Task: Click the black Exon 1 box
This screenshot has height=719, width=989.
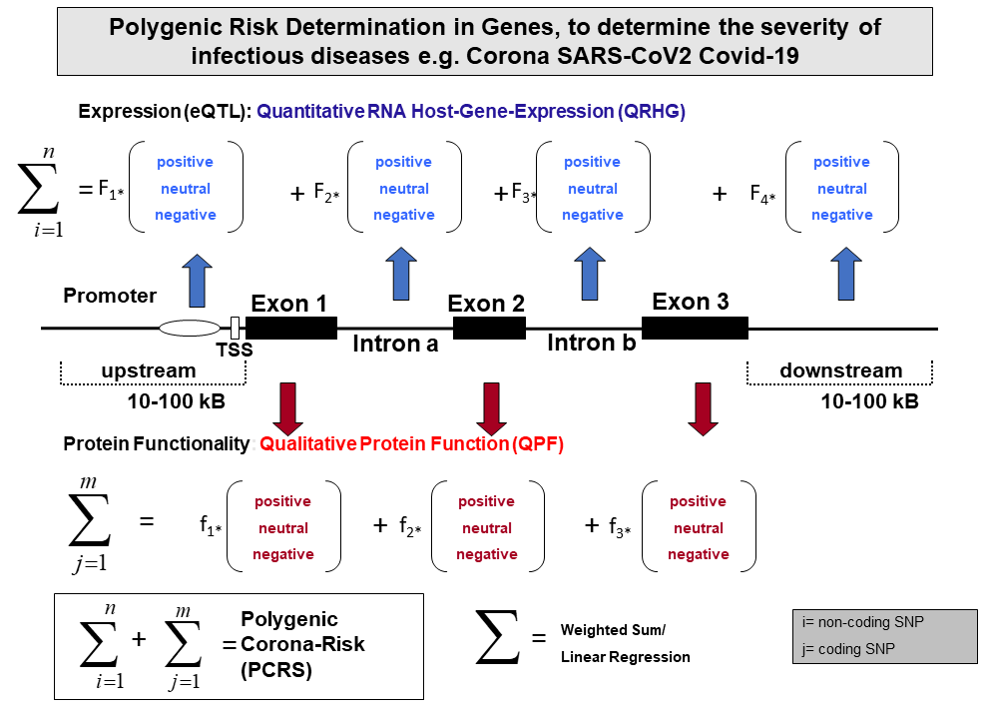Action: tap(290, 329)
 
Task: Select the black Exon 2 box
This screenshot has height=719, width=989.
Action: tap(489, 329)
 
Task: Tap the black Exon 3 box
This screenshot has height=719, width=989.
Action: tap(695, 329)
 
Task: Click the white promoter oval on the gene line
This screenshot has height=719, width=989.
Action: tap(190, 329)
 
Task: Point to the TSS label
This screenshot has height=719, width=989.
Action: tap(234, 350)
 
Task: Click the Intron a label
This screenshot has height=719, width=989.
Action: tap(395, 345)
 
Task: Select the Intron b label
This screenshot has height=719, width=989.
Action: tap(592, 343)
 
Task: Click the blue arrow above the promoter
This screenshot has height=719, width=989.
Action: tap(197, 281)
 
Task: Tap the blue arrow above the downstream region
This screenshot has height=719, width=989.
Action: tap(846, 274)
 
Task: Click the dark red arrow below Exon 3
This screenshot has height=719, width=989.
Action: tap(703, 409)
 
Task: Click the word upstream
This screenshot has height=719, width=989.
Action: tap(149, 370)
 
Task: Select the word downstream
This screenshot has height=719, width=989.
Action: tap(840, 370)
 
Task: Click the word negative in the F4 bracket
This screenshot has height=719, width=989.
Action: tap(842, 216)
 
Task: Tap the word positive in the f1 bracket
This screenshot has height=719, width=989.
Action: tap(282, 502)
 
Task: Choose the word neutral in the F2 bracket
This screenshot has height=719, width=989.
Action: tap(403, 189)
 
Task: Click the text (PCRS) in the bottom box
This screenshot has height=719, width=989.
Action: tap(276, 670)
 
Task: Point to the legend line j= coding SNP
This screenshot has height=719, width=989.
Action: tap(848, 649)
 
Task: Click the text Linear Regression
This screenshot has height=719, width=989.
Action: tap(625, 657)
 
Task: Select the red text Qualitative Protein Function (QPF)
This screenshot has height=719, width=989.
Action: tap(411, 443)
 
